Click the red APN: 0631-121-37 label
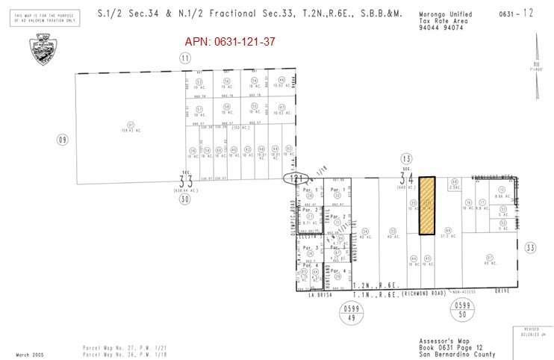click(x=230, y=41)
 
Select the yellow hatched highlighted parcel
click(x=426, y=206)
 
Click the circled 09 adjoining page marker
click(x=62, y=139)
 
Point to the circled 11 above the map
click(x=184, y=58)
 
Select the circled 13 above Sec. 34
click(x=406, y=158)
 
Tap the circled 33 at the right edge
click(x=530, y=247)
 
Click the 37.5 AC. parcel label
click(x=448, y=236)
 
